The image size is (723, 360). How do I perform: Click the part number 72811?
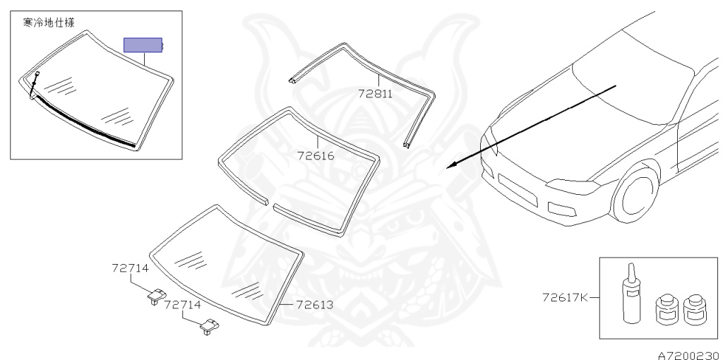click(x=375, y=93)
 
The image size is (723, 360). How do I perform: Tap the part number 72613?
click(x=313, y=305)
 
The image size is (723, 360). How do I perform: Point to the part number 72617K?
click(x=565, y=297)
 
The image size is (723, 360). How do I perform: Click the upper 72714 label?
click(x=129, y=268)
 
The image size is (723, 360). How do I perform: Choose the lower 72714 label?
click(x=182, y=305)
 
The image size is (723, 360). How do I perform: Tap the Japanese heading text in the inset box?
click(x=49, y=23)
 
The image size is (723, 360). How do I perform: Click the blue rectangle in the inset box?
click(x=143, y=46)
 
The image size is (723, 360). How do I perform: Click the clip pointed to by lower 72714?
click(x=210, y=326)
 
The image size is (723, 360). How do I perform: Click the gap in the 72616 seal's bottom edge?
click(x=270, y=203)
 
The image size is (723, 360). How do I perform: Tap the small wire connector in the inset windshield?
click(x=35, y=74)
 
